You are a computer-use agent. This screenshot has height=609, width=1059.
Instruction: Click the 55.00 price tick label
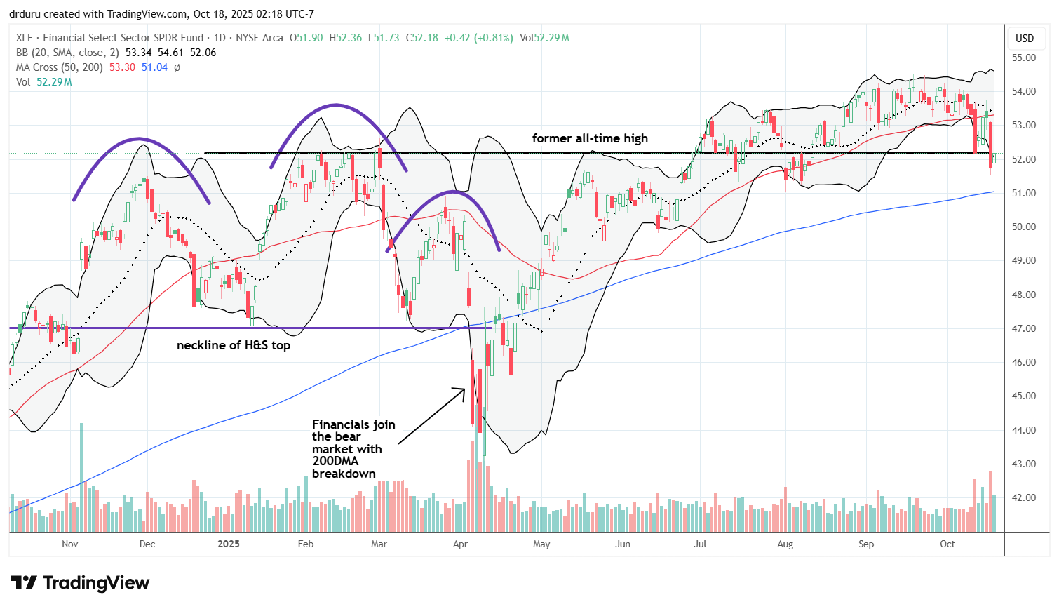point(1025,58)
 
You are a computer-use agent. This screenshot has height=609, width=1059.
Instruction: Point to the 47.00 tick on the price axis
point(1025,328)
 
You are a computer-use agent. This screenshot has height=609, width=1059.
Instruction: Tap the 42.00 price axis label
point(1025,497)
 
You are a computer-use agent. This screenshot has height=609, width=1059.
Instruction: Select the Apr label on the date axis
point(461,544)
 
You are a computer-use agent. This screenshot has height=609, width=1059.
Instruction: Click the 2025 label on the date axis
point(229,544)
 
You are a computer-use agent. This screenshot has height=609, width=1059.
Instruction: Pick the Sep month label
point(866,544)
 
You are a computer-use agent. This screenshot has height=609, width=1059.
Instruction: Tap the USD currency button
point(1025,39)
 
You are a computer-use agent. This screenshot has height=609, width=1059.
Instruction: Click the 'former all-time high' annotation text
point(590,138)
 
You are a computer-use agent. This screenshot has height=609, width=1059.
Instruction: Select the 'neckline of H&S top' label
point(233,345)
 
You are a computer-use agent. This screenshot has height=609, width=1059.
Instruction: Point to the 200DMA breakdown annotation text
point(353,449)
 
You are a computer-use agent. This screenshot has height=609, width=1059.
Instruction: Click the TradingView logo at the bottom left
point(80,583)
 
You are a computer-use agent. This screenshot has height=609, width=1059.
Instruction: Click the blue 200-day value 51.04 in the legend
point(154,67)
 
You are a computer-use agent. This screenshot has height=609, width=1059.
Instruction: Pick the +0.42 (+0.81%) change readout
point(478,38)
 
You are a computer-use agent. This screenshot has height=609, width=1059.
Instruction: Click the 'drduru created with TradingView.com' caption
point(161,14)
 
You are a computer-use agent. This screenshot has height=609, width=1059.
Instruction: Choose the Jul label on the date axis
point(699,544)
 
